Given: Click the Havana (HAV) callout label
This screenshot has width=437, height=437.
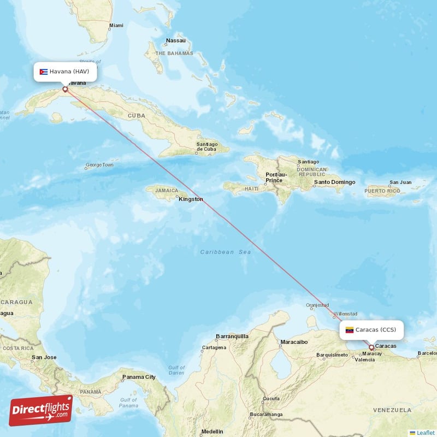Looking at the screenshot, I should coord(66,72).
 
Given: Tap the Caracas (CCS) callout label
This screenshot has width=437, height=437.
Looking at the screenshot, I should coord(371,329).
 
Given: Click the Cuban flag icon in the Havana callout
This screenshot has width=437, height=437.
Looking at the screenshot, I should coord(44,72).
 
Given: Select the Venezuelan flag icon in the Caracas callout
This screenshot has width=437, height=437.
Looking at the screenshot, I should coord(350,330).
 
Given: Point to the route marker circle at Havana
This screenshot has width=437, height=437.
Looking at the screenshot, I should coord(65,89).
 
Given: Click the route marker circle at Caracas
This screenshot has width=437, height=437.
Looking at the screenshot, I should coord(371,347).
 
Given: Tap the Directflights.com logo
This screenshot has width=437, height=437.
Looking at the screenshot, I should coord(41,410).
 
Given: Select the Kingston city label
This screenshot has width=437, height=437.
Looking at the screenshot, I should coord(191,199).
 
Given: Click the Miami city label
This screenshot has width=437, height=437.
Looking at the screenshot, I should coord(116,26).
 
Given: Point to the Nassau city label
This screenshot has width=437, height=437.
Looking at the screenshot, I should coord(176,40).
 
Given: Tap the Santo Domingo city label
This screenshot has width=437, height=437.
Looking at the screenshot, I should coord(334,182).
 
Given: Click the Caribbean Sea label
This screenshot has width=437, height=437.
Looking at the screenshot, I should coord(226,252).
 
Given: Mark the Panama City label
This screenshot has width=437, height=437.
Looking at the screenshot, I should coord(139,377).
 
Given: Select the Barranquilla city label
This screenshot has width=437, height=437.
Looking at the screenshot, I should coord(232,336).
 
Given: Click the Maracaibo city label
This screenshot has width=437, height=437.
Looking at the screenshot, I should coord(294,342).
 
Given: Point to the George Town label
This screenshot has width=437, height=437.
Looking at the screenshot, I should coord(99,164).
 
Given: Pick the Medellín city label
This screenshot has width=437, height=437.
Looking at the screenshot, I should coord(211,432).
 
